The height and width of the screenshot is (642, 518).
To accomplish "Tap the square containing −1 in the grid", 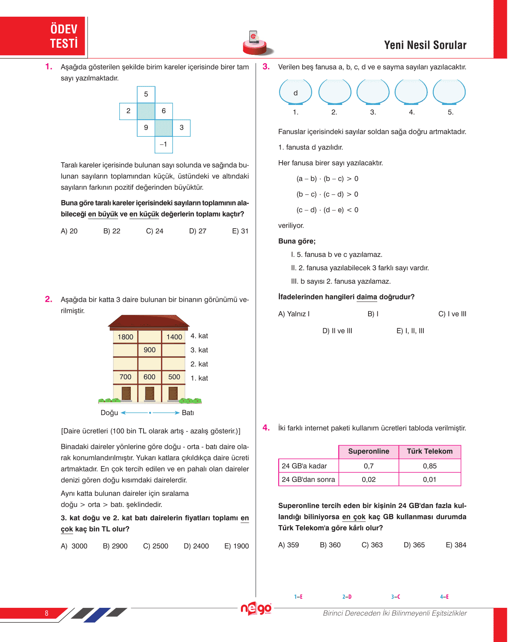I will pos(163,144).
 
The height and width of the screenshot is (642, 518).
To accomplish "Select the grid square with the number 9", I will pos(146,128).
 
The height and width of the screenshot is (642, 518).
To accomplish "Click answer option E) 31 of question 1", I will pos(240,231).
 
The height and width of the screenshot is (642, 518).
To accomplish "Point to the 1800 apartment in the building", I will pos(125,337).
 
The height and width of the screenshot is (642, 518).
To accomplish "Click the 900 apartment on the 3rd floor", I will pos(149,350).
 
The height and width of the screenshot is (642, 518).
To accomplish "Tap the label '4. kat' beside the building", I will pos(199,336).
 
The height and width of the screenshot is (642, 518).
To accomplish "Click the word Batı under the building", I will pos(188,413).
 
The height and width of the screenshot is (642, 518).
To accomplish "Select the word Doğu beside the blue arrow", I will pos(109,413).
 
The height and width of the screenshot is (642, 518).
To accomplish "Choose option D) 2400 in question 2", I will pos(196,546).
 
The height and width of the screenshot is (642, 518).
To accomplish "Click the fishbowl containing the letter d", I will pos(295,92).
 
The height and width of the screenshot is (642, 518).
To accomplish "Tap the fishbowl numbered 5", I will pos(449,92).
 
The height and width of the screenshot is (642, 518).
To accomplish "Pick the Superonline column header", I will pos(369,452).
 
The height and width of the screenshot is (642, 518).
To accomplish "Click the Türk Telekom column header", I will pos(429,452).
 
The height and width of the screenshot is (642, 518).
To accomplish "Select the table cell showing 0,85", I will pos(429,466).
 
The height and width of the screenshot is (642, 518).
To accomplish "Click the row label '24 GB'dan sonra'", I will pos(308,479).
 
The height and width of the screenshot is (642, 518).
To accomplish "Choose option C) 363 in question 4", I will pos(372,545).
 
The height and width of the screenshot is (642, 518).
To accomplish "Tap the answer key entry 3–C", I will pos(395,597).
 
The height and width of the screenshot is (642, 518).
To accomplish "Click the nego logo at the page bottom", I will pos(256,609).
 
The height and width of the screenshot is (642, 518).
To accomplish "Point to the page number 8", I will pos(47,613).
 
